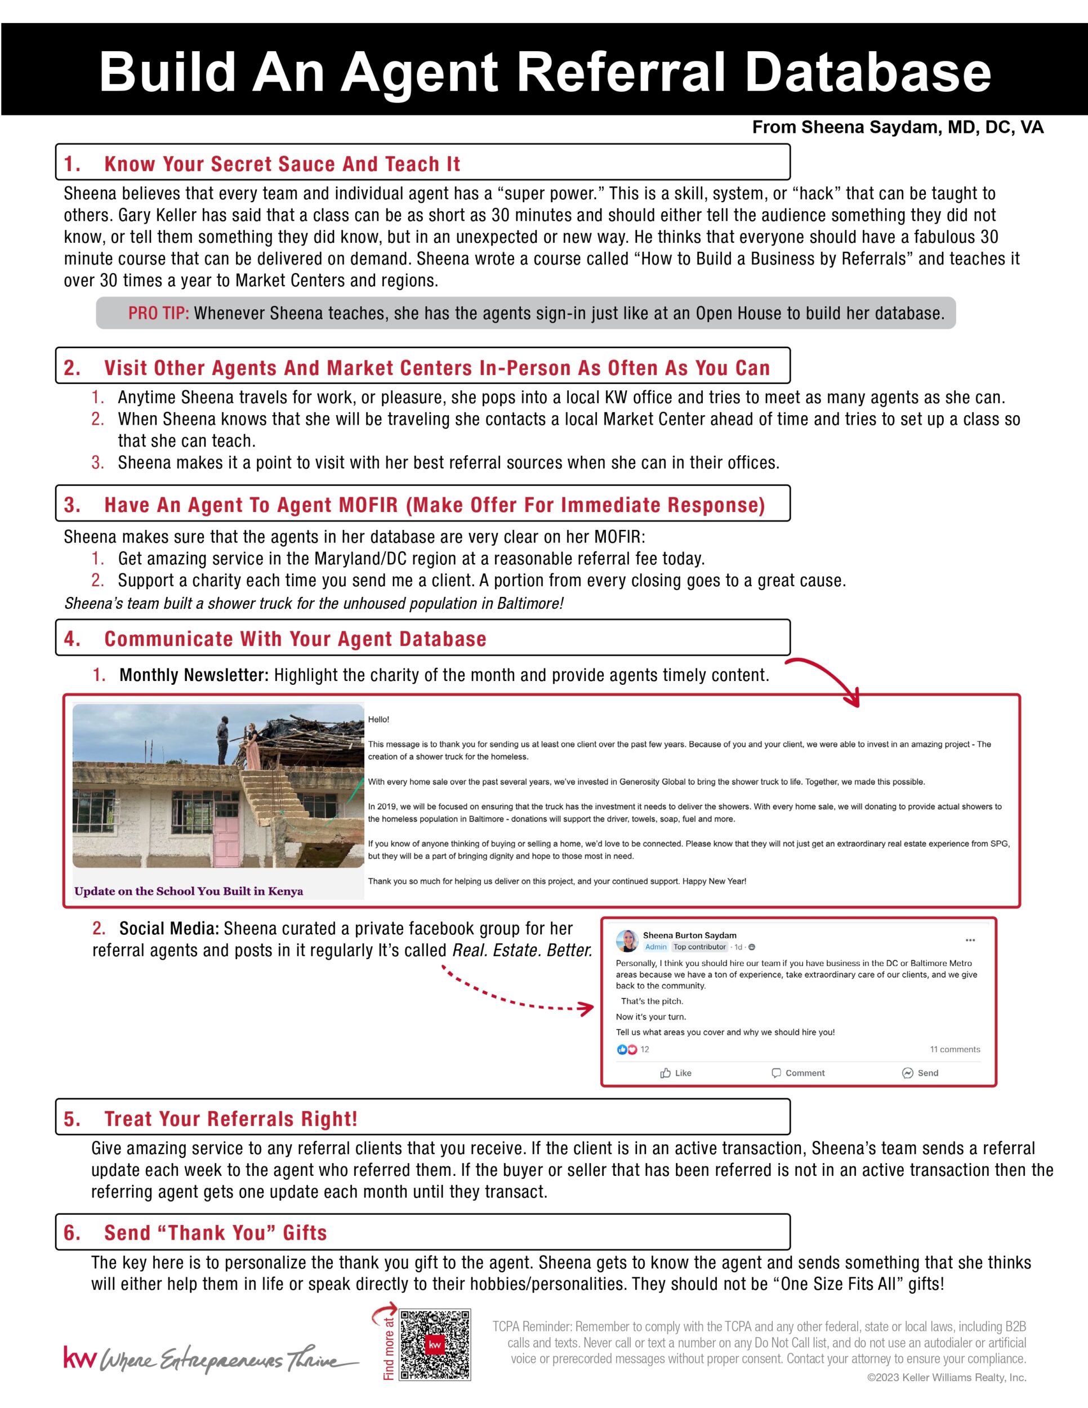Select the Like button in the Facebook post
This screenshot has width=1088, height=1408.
[x=675, y=1073]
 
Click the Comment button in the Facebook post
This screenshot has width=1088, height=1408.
[x=798, y=1073]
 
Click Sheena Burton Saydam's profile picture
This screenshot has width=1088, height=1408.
[x=627, y=941]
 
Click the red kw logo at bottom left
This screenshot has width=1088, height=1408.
[x=79, y=1357]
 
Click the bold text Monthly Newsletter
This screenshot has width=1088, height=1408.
[x=193, y=675]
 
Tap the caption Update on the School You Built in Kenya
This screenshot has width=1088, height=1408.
[x=188, y=891]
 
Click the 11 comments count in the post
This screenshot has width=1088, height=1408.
[x=955, y=1050]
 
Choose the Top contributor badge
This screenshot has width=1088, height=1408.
[x=699, y=947]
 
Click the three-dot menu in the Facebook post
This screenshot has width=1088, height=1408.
[x=970, y=940]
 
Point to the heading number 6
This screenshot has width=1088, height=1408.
[x=72, y=1233]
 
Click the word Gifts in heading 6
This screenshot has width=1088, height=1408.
[x=304, y=1233]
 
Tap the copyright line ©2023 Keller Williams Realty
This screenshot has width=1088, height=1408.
[x=946, y=1378]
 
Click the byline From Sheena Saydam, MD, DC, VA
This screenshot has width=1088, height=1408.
[x=897, y=127]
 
